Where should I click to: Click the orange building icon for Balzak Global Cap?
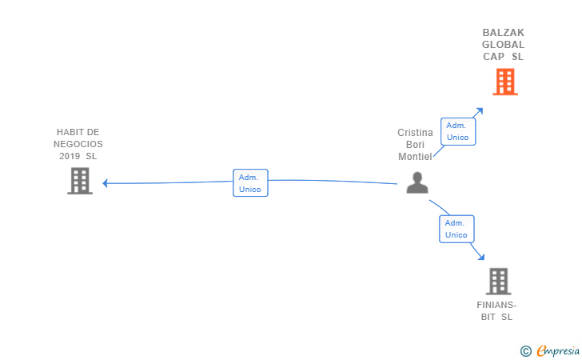click(x=504, y=82)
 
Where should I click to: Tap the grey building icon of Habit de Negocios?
click(x=79, y=181)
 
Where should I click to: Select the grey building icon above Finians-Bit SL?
click(x=498, y=281)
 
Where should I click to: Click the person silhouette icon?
click(x=417, y=183)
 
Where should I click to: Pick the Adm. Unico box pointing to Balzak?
click(x=457, y=131)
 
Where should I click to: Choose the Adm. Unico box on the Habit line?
click(x=250, y=183)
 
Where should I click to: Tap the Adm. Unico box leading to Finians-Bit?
click(x=456, y=229)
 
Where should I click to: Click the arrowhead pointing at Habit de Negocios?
click(x=106, y=183)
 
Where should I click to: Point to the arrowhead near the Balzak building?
click(x=479, y=111)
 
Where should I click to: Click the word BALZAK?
click(x=504, y=33)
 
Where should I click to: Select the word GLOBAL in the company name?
click(x=504, y=45)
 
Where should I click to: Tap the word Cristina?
click(x=415, y=133)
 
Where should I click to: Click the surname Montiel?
click(x=415, y=157)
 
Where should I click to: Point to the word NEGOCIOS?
click(x=78, y=144)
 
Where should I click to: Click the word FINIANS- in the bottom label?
click(x=497, y=305)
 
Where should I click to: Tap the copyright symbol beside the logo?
click(x=525, y=350)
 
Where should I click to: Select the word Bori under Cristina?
click(x=415, y=145)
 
